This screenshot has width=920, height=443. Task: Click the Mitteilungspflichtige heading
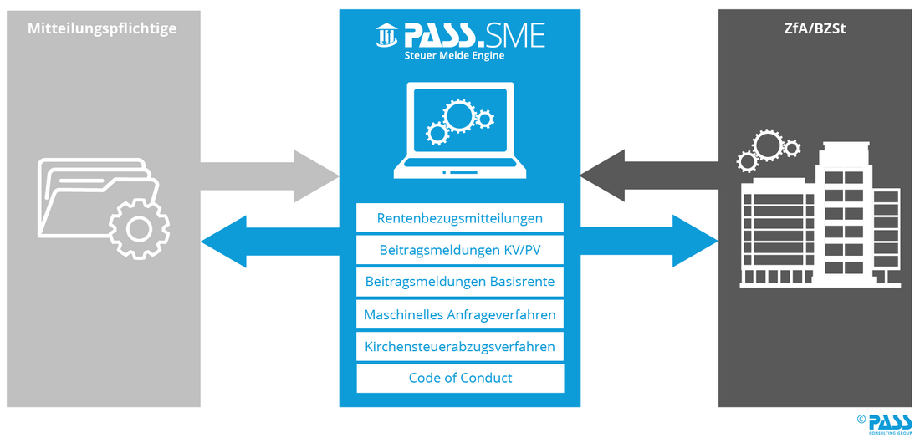[102, 29]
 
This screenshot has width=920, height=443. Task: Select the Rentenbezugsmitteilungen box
[460, 218]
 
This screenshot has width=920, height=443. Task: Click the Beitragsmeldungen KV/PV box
[460, 250]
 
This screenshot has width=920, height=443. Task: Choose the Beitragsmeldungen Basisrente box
[460, 282]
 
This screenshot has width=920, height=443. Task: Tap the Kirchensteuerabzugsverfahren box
[460, 346]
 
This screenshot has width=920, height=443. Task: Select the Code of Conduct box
[460, 378]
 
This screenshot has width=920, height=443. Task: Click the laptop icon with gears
[460, 130]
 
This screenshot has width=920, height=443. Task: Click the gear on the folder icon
[140, 227]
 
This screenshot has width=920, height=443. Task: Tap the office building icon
[820, 221]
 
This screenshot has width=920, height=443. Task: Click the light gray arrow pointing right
[268, 176]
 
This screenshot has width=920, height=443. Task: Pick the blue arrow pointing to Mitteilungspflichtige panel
[268, 241]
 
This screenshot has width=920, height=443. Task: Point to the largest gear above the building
[768, 145]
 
